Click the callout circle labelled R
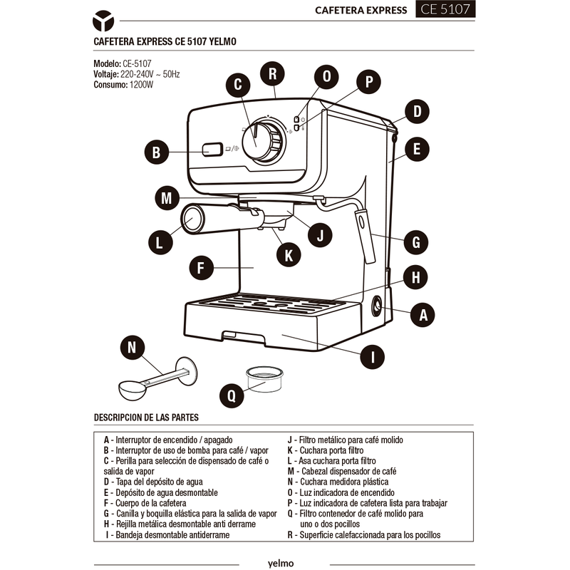(273, 74)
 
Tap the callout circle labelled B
(157, 152)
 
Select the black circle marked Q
(232, 395)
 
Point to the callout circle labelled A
(423, 315)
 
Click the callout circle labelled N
(133, 348)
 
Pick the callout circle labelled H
(415, 277)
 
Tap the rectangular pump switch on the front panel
(212, 149)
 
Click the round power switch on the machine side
(376, 305)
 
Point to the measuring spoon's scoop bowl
(132, 390)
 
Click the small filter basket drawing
(264, 379)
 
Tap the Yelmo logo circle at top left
(103, 21)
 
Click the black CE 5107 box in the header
(445, 9)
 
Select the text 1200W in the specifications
(141, 85)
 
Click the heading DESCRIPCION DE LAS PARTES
(146, 418)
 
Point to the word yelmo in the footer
(281, 564)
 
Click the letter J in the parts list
(290, 440)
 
